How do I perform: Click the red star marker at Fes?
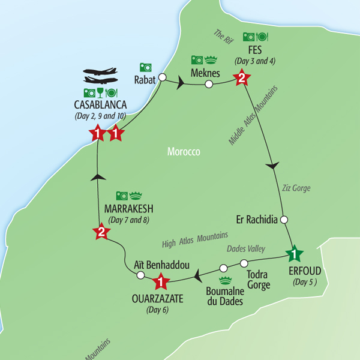pos(241,77)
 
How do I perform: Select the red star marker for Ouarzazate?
pos(160,280)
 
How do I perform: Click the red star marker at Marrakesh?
pos(100,232)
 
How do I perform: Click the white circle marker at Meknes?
pos(208,85)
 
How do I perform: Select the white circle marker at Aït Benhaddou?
pos(140,275)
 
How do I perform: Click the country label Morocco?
pos(184,152)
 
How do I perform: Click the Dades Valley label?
pos(247,248)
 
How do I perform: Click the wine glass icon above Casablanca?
pos(100,92)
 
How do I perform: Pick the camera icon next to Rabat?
pos(145,67)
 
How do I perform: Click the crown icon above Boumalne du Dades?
pos(226,280)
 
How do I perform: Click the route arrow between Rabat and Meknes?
pos(180,83)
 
